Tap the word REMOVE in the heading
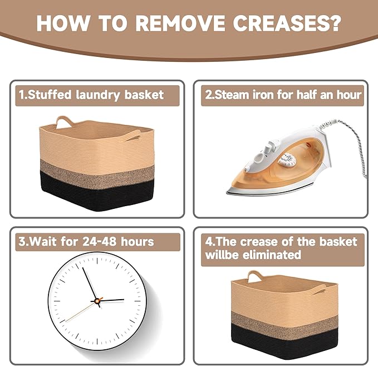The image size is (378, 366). [180, 23]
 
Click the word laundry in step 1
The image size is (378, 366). [98, 95]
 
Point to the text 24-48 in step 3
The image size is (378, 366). [100, 241]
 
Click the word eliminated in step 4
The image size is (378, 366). [272, 255]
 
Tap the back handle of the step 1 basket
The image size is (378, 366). [64, 121]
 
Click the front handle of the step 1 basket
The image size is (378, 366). [132, 135]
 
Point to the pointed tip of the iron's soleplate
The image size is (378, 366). [228, 192]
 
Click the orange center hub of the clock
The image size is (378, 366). [97, 301]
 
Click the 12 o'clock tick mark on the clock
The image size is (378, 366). [97, 261]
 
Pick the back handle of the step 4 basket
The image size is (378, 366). [255, 276]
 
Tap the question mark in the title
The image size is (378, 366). [335, 23]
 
